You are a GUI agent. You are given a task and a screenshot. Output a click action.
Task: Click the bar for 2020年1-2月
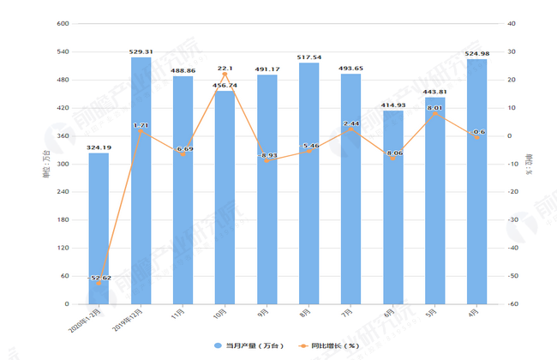click(99, 228)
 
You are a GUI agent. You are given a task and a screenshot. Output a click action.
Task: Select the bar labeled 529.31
click(141, 180)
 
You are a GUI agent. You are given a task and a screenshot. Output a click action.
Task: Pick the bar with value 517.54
click(308, 183)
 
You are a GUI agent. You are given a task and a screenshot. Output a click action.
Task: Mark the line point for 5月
click(434, 114)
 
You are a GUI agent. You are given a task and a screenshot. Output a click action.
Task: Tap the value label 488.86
click(183, 71)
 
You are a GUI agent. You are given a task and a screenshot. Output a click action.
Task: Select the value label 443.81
click(434, 92)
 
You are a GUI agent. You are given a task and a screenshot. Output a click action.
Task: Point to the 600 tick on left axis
click(63, 24)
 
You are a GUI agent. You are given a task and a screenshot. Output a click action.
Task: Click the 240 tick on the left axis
click(63, 192)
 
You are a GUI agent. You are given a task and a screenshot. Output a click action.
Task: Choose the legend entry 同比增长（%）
click(328, 345)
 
